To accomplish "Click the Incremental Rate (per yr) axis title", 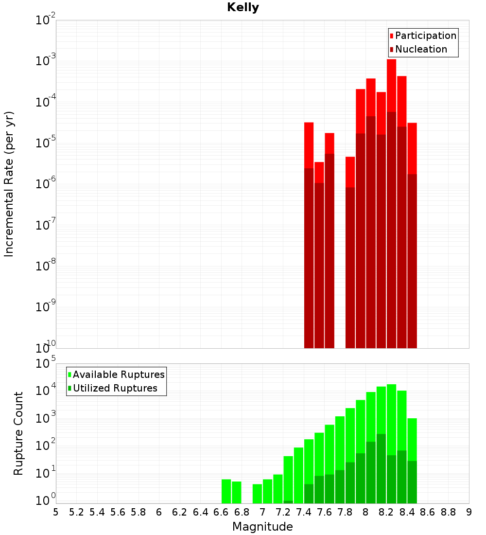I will tap(9, 184).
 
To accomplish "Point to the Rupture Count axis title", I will tap(18, 433).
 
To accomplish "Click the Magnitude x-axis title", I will tap(262, 527).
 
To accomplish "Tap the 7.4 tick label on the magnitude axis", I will tap(304, 512).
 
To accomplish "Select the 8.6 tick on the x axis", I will tap(428, 512).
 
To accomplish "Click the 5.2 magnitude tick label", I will tap(77, 512).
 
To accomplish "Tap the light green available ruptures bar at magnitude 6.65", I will tap(226, 491).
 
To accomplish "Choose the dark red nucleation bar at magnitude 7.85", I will tap(350, 267).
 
